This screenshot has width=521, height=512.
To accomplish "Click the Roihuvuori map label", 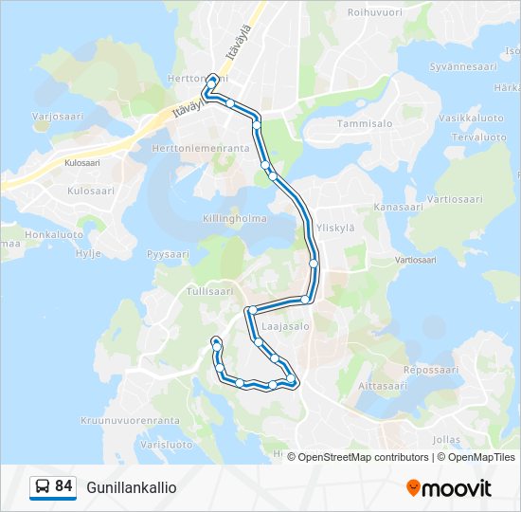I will click(x=375, y=12).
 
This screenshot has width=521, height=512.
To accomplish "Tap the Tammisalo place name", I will click(x=365, y=123).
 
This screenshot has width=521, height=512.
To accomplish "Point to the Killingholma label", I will click(x=235, y=218).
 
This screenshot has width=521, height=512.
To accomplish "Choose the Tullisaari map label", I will click(x=210, y=291).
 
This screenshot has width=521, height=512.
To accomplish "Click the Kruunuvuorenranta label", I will click(x=130, y=420).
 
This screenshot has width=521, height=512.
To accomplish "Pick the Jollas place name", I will click(x=444, y=440).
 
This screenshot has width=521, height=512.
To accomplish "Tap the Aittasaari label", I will click(x=383, y=386).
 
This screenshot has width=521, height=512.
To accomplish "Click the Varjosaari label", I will click(x=58, y=117).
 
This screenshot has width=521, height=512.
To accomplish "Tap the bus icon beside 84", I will click(x=43, y=487).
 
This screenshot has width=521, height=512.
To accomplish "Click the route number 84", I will click(x=64, y=486).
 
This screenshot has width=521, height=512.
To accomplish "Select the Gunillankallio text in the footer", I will click(x=131, y=487).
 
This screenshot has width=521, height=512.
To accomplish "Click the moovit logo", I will click(x=449, y=488).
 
